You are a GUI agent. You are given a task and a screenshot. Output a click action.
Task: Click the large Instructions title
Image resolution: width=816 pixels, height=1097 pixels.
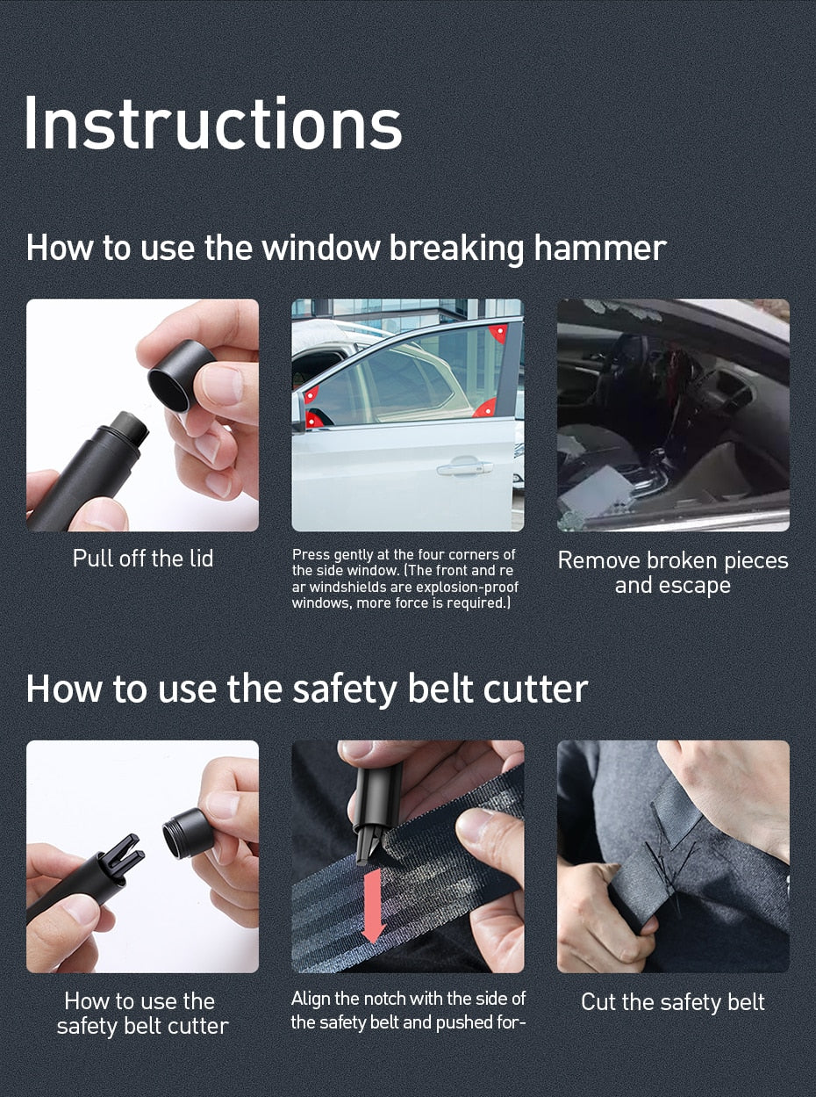[212, 124]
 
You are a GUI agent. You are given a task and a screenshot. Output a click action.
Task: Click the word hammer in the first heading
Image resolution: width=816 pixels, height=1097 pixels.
[599, 248]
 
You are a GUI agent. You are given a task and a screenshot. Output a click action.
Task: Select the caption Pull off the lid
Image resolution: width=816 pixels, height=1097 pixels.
[142, 559]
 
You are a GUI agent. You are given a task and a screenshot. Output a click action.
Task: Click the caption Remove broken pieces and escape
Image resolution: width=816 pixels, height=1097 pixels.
[672, 573]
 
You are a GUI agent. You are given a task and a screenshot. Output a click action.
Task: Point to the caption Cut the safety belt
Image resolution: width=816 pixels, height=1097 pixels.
[672, 1002]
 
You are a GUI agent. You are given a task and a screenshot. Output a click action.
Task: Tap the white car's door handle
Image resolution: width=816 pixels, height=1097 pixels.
[463, 466]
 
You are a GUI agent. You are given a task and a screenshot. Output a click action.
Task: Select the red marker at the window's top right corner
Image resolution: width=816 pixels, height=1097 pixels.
[498, 333]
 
